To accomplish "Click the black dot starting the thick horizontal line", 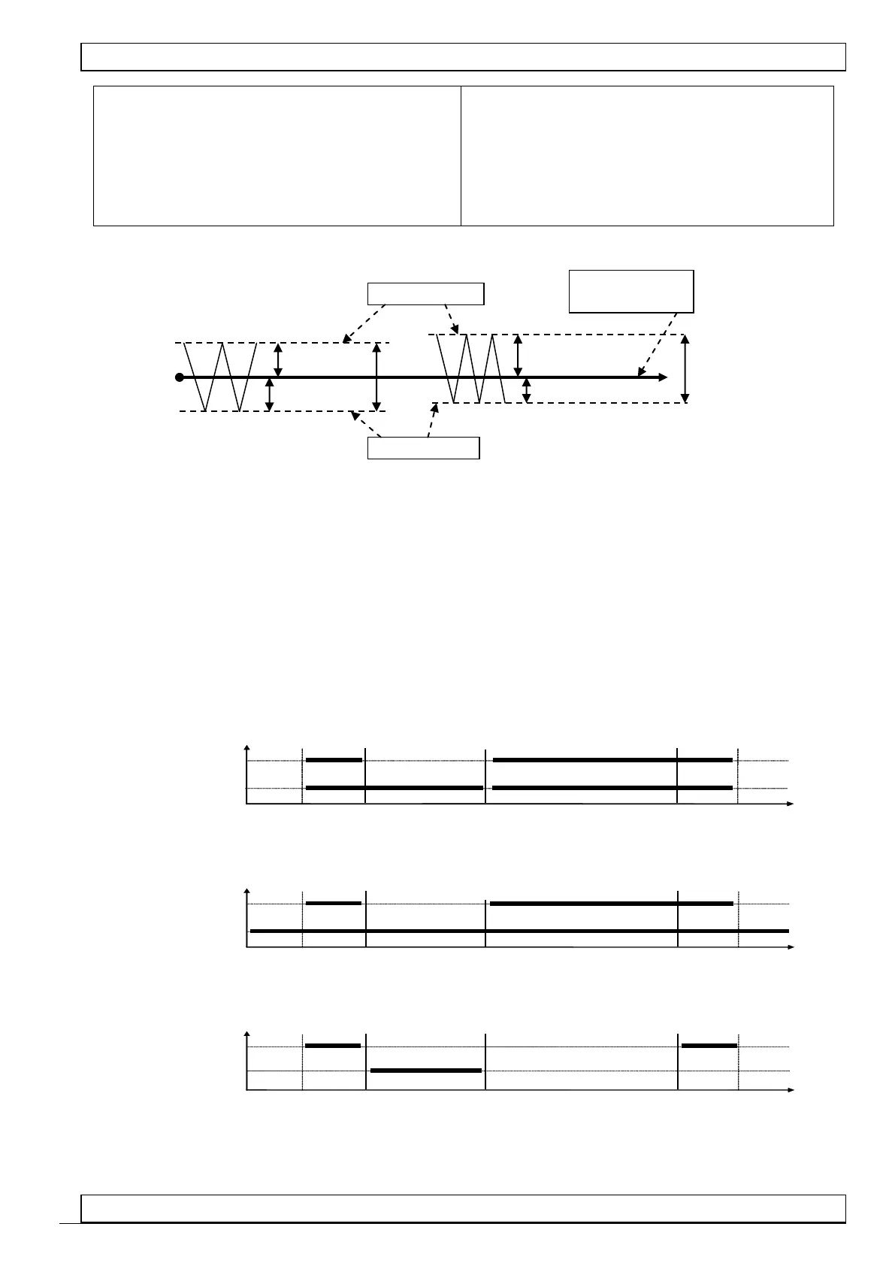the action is coord(179,377).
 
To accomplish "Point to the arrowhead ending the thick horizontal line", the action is coord(662,377).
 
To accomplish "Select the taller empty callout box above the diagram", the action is coord(631,291).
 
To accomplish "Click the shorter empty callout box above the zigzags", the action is coord(425,293).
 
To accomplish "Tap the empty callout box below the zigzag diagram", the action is coord(423,448).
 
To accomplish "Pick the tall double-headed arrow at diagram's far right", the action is coord(685,369).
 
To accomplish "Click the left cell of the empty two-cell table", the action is coord(277,156).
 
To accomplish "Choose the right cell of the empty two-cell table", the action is coord(647,156).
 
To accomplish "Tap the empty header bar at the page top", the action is coord(464,57).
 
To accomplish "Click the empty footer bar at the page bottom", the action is coord(464,1208).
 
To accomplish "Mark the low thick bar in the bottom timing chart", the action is coord(426,1070).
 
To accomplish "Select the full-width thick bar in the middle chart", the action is coord(519,931).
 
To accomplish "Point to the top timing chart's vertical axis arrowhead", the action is coord(247,749).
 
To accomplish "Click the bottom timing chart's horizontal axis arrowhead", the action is coord(790,1089).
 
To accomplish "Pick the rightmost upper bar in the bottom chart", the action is coord(709,1045).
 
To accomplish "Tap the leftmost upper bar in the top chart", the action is coord(334,760).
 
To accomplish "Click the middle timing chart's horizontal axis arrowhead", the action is coord(790,947).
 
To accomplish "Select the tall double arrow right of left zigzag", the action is coord(377,377).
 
